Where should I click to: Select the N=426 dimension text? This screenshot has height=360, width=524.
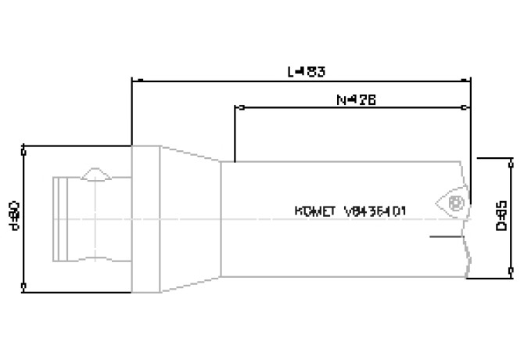[354, 99]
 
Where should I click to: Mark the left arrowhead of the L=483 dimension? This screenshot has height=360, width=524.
[135, 79]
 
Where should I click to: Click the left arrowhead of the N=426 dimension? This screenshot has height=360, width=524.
[238, 107]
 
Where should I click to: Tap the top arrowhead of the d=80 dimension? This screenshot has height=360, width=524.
[24, 148]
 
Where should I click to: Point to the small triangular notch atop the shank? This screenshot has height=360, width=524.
[97, 172]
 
